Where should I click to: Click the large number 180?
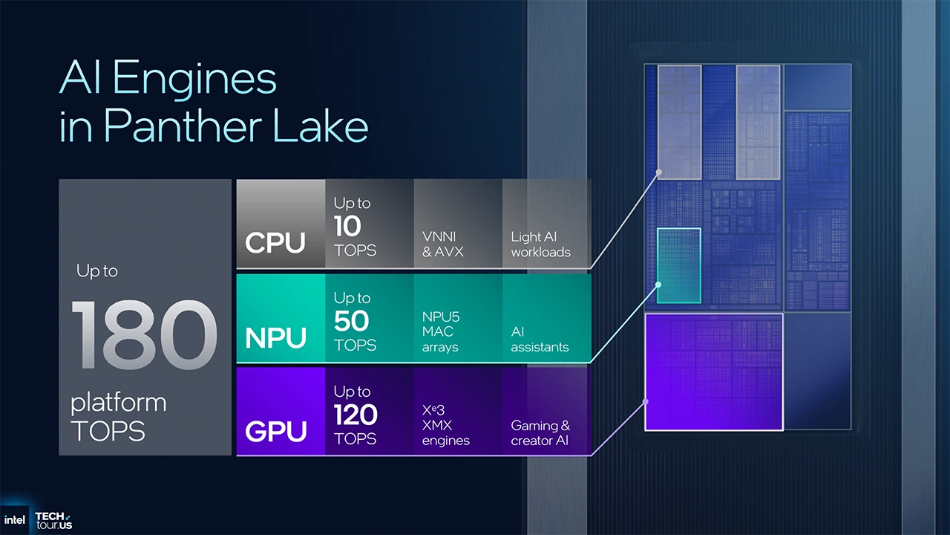(x=145, y=336)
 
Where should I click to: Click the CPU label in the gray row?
(x=275, y=243)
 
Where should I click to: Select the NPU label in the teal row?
(x=276, y=338)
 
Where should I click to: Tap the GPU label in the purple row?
(x=276, y=432)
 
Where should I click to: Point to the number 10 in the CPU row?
(x=347, y=225)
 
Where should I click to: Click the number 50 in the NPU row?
(x=351, y=321)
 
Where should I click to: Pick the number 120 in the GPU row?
(x=356, y=415)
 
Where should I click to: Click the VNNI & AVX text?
(x=443, y=244)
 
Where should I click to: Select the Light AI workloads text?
(x=540, y=244)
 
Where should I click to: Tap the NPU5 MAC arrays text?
(x=440, y=331)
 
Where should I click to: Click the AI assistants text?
(x=540, y=340)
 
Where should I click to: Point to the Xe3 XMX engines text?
(x=445, y=425)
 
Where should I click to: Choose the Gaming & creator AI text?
(x=540, y=433)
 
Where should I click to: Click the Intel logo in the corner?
(x=15, y=520)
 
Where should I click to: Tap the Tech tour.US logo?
(x=53, y=520)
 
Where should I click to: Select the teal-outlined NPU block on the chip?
(x=678, y=265)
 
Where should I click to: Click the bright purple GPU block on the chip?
(x=714, y=372)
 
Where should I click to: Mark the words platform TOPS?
(x=118, y=417)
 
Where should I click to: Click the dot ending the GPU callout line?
(x=646, y=402)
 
